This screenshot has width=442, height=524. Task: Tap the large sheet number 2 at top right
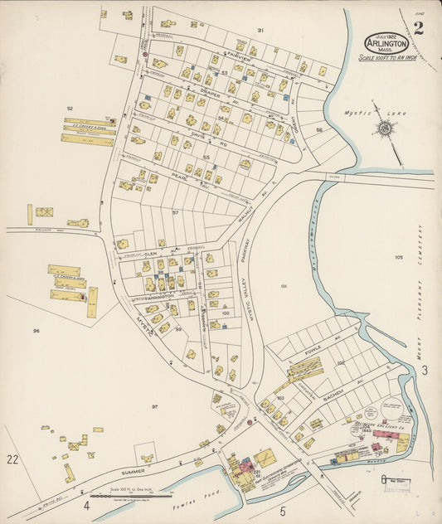click(x=418, y=30)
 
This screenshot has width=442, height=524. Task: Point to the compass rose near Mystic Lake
click(x=385, y=128)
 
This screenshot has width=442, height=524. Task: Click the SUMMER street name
click(x=134, y=473)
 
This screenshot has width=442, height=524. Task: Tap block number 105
click(x=399, y=258)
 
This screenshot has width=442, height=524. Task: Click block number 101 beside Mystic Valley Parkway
click(x=284, y=287)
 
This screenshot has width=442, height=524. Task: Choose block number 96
click(x=36, y=331)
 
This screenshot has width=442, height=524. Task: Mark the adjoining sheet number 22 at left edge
click(x=12, y=458)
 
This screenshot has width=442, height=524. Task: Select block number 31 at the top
click(x=260, y=30)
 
